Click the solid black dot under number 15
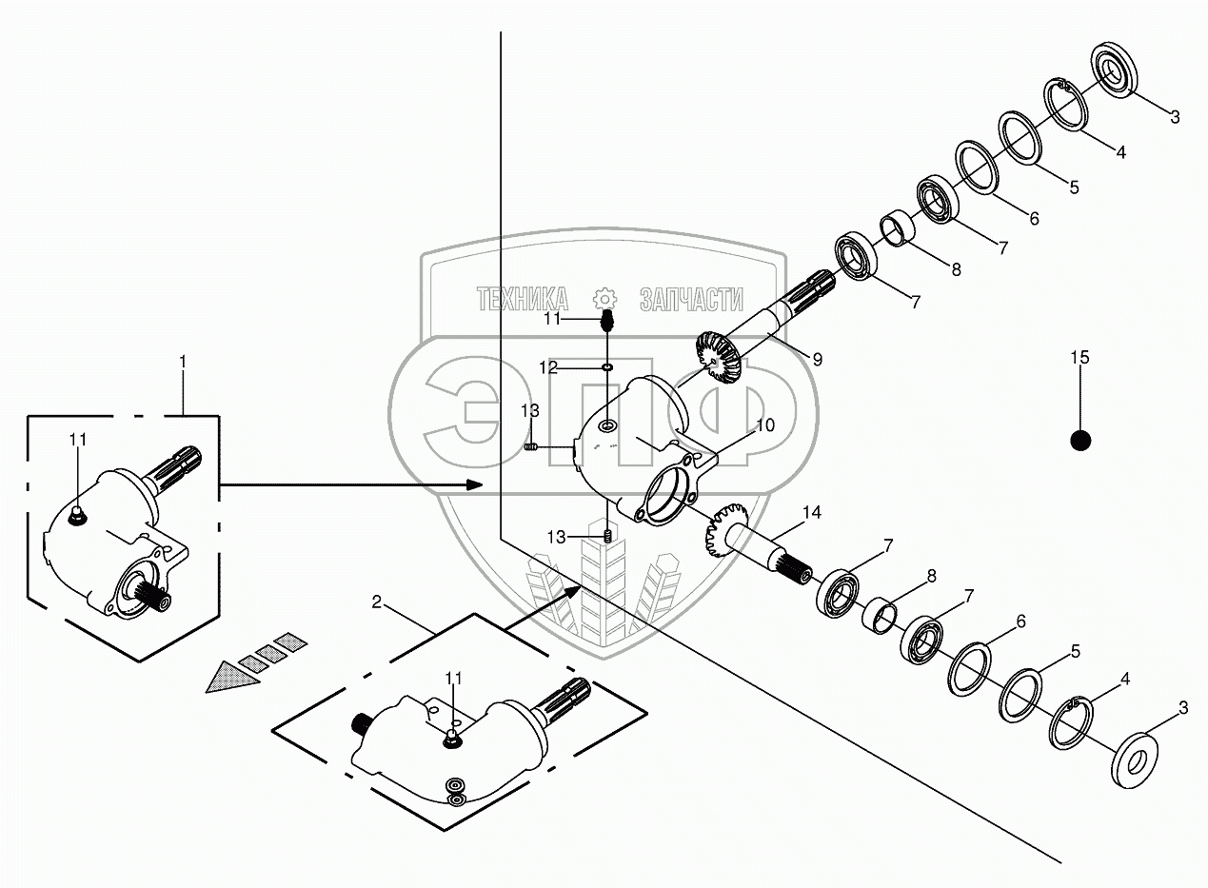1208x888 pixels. click(1079, 441)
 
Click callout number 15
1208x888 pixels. click(1079, 358)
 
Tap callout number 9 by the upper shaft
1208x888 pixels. click(817, 359)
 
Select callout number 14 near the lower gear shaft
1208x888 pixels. click(811, 513)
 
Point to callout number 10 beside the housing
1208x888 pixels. click(764, 424)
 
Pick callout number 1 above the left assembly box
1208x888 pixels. click(183, 362)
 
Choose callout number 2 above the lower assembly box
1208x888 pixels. click(377, 602)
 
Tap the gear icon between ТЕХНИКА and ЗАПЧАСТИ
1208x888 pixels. click(604, 297)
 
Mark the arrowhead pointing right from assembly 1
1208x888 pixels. click(473, 485)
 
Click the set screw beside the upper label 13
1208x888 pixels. click(533, 447)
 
